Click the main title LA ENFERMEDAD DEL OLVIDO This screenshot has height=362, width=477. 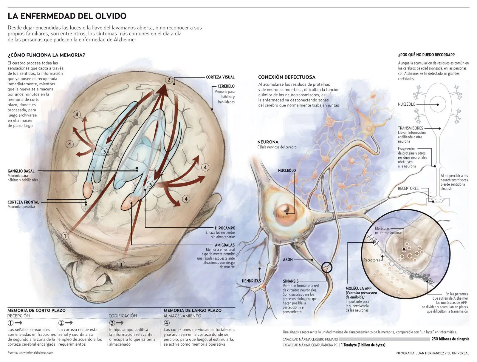point(67,16)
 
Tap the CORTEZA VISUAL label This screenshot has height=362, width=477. point(220,77)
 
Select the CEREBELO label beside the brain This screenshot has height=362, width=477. point(226,86)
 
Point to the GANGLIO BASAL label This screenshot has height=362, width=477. point(21,171)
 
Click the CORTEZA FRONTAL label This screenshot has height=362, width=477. point(23,202)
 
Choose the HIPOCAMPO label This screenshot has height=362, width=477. point(225,228)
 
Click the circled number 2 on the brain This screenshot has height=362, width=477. point(169,80)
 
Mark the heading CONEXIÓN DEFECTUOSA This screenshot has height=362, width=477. point(286,77)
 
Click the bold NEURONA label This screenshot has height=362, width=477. point(268,142)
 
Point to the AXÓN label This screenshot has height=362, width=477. point(288,259)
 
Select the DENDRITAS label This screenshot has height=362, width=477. point(251,281)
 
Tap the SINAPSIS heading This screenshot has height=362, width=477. point(291,281)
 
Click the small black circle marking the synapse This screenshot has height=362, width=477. point(327,267)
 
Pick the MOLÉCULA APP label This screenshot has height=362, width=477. point(359,288)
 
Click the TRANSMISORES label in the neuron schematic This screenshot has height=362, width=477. point(411,128)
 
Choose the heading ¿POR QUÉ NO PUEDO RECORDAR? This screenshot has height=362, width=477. point(426,55)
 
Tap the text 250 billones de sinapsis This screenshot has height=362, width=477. point(450,339)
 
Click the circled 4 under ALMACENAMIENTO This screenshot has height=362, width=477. point(167,323)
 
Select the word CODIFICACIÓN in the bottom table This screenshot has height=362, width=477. point(123,316)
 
